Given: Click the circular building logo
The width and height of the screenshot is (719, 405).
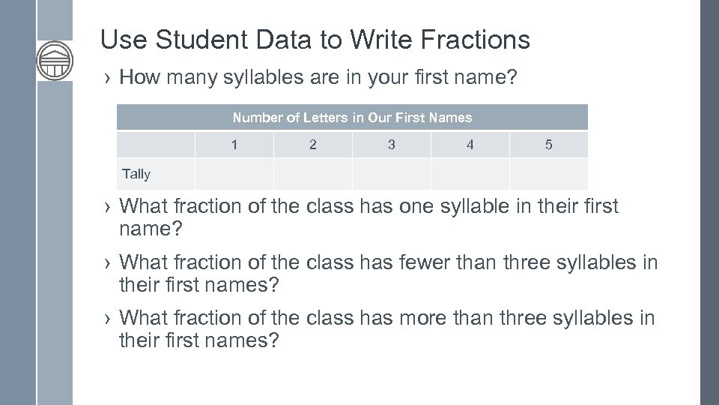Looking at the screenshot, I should click(55, 61).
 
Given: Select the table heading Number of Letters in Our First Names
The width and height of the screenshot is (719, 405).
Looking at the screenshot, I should click(352, 118).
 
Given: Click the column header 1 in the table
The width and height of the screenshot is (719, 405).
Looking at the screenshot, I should click(234, 145).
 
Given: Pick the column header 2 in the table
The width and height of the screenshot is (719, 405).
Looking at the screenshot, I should click(313, 145).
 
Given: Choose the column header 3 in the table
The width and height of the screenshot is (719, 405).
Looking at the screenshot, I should click(392, 145).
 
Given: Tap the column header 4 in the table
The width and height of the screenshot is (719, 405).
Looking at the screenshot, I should click(470, 145).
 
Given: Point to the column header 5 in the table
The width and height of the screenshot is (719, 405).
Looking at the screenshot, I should click(548, 145).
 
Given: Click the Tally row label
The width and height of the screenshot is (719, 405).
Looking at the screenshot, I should click(136, 174).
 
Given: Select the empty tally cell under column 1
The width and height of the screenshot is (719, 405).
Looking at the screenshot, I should click(234, 174).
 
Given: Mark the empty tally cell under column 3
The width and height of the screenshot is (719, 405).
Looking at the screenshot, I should click(392, 174).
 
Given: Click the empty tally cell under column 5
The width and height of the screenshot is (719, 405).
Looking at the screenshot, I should click(548, 174).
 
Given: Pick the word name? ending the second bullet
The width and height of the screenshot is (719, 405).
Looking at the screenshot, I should click(151, 229).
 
